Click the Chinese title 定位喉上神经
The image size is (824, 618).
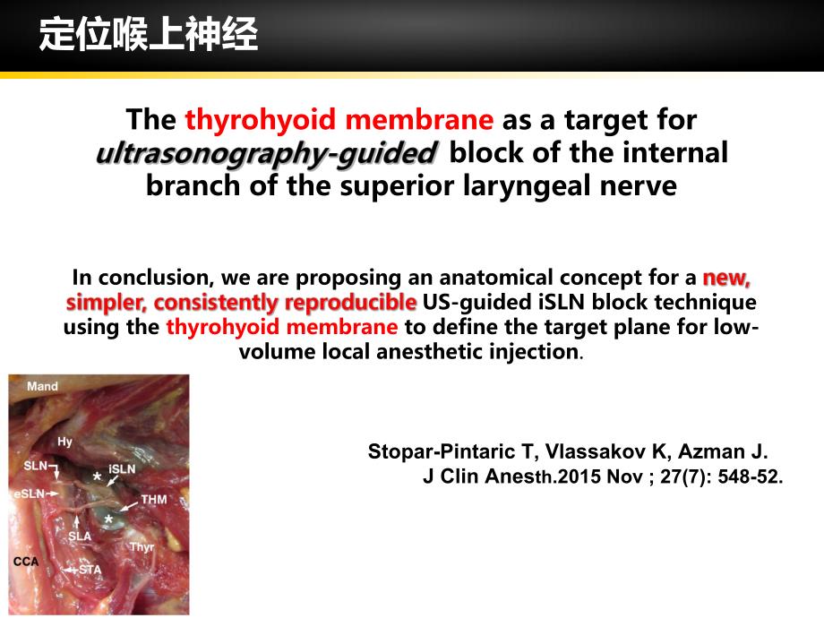[x=149, y=35]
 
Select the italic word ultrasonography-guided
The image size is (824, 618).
[x=266, y=153]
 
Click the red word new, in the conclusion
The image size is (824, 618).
[x=726, y=278]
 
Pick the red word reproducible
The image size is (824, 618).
[x=350, y=302]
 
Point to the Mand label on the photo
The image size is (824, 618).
[x=43, y=386]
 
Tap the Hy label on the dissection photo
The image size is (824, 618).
[x=64, y=442]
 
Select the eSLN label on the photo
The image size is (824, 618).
[x=29, y=494]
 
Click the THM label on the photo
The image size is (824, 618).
[x=153, y=499]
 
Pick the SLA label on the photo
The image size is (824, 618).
[x=80, y=536]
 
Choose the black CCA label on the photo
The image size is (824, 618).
[x=26, y=562]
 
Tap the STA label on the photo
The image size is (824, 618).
[x=90, y=570]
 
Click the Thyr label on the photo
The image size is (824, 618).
[x=142, y=547]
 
